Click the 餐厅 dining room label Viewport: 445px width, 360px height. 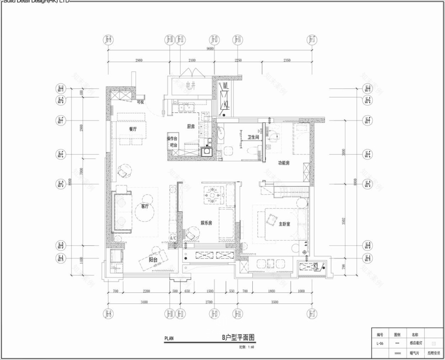[133, 129]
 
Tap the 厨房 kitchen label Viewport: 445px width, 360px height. [191, 126]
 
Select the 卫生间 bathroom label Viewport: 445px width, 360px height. [253, 137]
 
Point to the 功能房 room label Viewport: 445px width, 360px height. [283, 163]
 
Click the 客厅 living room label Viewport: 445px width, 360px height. [145, 206]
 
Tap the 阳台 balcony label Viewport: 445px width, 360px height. [153, 259]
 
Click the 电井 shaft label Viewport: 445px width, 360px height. [190, 85]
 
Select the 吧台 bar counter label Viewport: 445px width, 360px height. [173, 146]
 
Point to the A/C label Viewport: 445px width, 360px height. [172, 238]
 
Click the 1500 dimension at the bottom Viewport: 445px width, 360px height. [209, 292]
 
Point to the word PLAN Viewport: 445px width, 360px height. [169, 339]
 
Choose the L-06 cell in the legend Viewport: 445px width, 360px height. [380, 343]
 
